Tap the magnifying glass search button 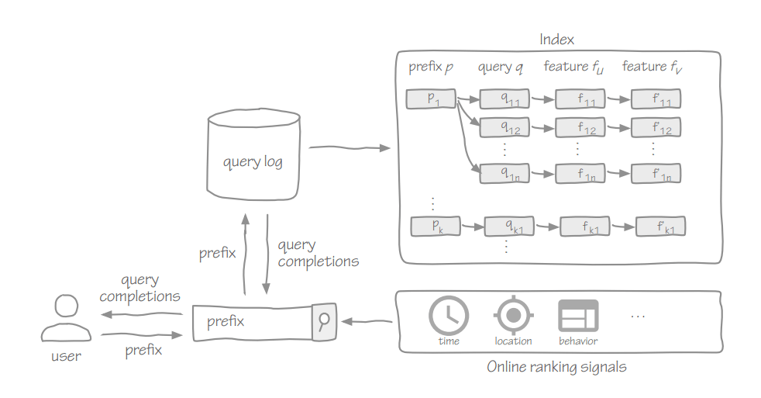324,320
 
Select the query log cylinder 253,154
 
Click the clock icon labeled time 448,315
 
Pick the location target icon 512,315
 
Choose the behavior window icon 578,316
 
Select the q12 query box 504,126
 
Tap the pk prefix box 436,226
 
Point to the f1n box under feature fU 580,174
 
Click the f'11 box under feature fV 656,99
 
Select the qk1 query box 509,227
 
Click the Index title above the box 557,39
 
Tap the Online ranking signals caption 556,367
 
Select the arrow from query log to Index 348,147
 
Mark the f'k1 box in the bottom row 660,227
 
